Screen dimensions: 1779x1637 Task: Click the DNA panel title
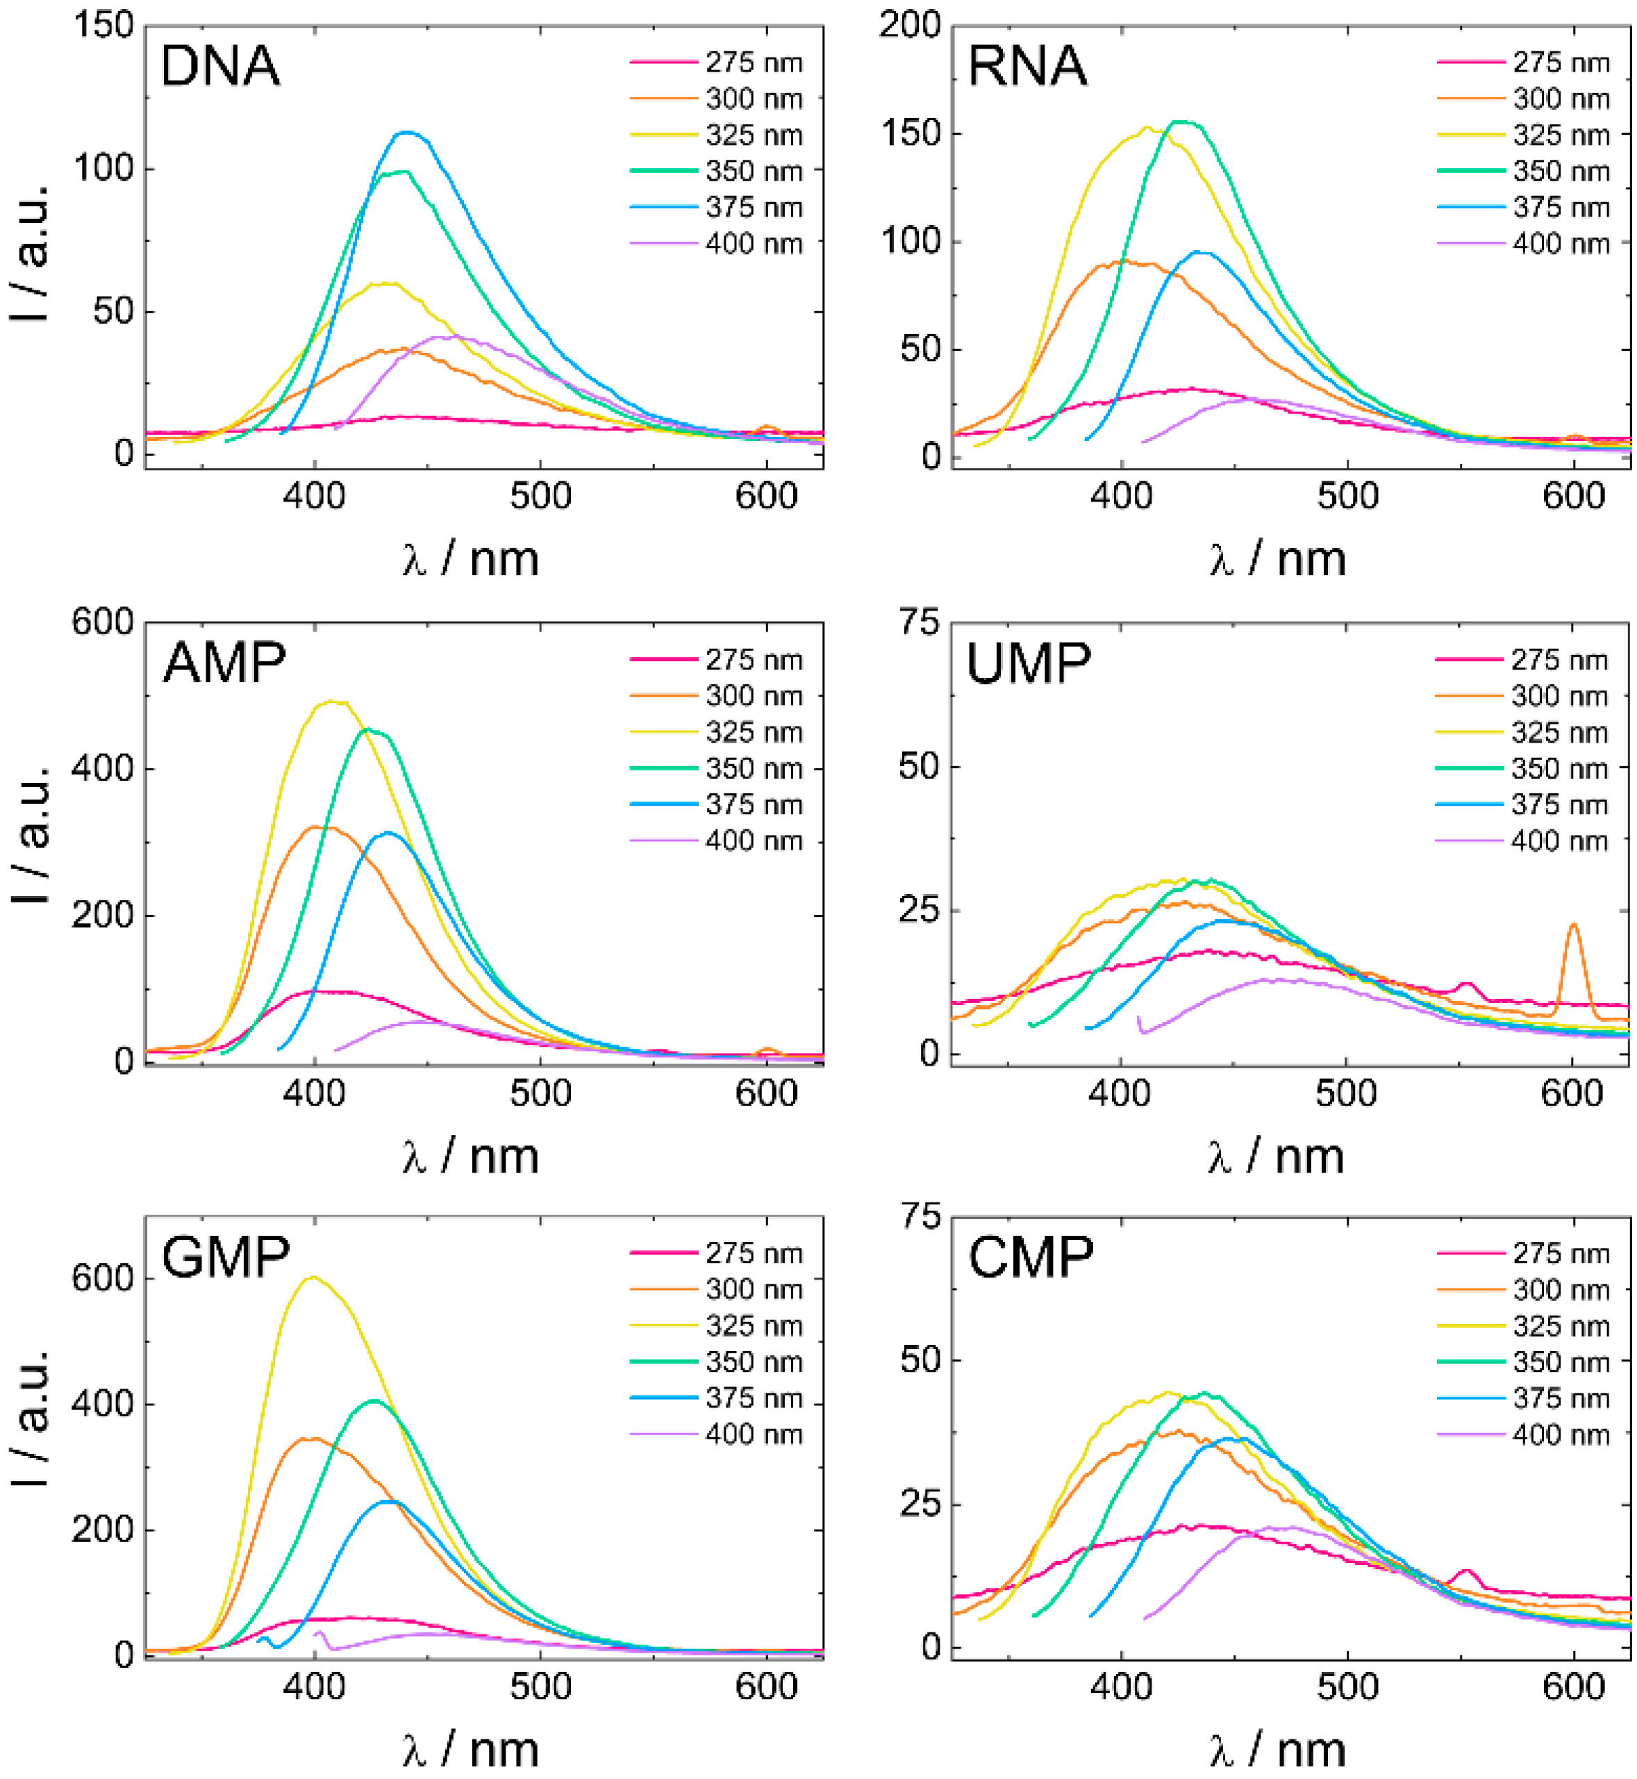tap(219, 67)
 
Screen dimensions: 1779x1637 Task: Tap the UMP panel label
tap(1028, 663)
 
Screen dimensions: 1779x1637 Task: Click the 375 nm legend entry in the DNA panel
tap(717, 207)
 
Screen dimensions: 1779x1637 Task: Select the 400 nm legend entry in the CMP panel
tap(1524, 1434)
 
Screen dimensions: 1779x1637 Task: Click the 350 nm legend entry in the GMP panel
tap(717, 1362)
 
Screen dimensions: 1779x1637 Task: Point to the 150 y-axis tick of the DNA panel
tap(103, 26)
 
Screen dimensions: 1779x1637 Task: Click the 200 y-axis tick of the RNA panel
tap(909, 26)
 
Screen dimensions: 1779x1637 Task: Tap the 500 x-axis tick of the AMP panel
tap(540, 1093)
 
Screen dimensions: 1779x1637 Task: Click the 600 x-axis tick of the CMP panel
tap(1573, 1687)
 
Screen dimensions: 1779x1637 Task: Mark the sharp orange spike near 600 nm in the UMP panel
tap(1573, 925)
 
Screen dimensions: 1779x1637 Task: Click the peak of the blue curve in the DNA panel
tap(406, 132)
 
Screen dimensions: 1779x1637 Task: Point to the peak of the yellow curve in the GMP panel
tap(312, 1277)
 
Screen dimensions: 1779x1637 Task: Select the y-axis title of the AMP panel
tap(32, 842)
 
